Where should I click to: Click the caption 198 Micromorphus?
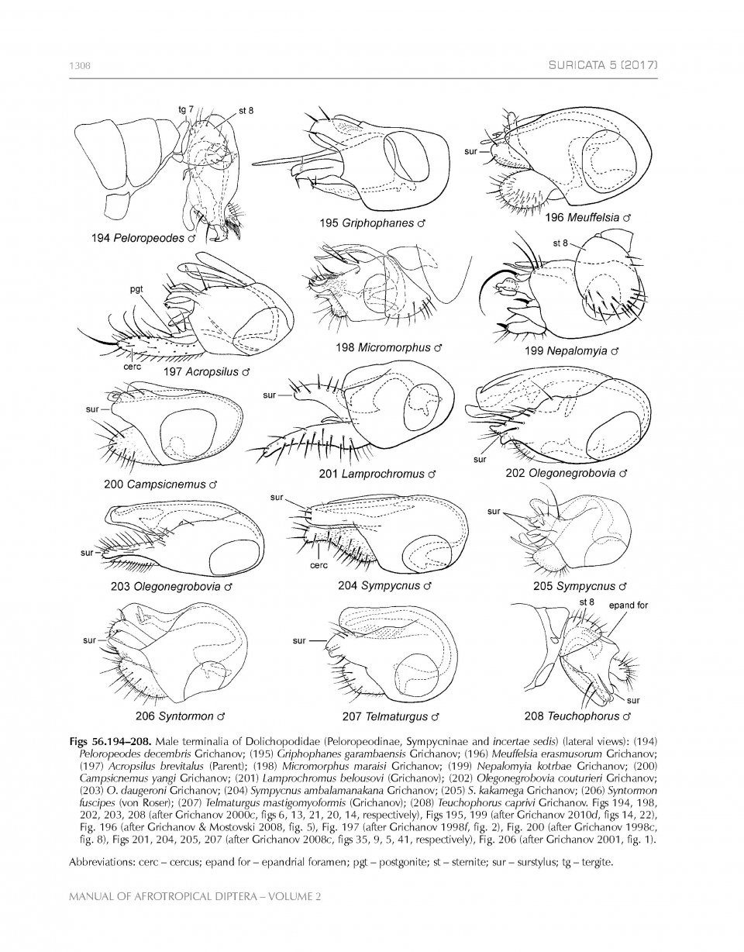pyautogui.click(x=387, y=347)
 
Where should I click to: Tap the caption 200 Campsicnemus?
pyautogui.click(x=160, y=484)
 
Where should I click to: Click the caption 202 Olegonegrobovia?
pyautogui.click(x=565, y=473)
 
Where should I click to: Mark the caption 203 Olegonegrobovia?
pyautogui.click(x=171, y=586)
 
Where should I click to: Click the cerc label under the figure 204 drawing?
pyautogui.click(x=319, y=565)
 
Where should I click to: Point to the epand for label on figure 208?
pyautogui.click(x=628, y=605)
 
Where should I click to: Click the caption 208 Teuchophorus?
pyautogui.click(x=577, y=716)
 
